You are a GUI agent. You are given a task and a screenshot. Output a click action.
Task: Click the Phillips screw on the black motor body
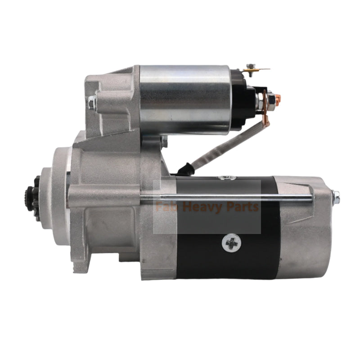231,243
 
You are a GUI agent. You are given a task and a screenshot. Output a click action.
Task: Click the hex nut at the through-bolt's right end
335,196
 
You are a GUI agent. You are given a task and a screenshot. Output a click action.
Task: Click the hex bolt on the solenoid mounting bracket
92,103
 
